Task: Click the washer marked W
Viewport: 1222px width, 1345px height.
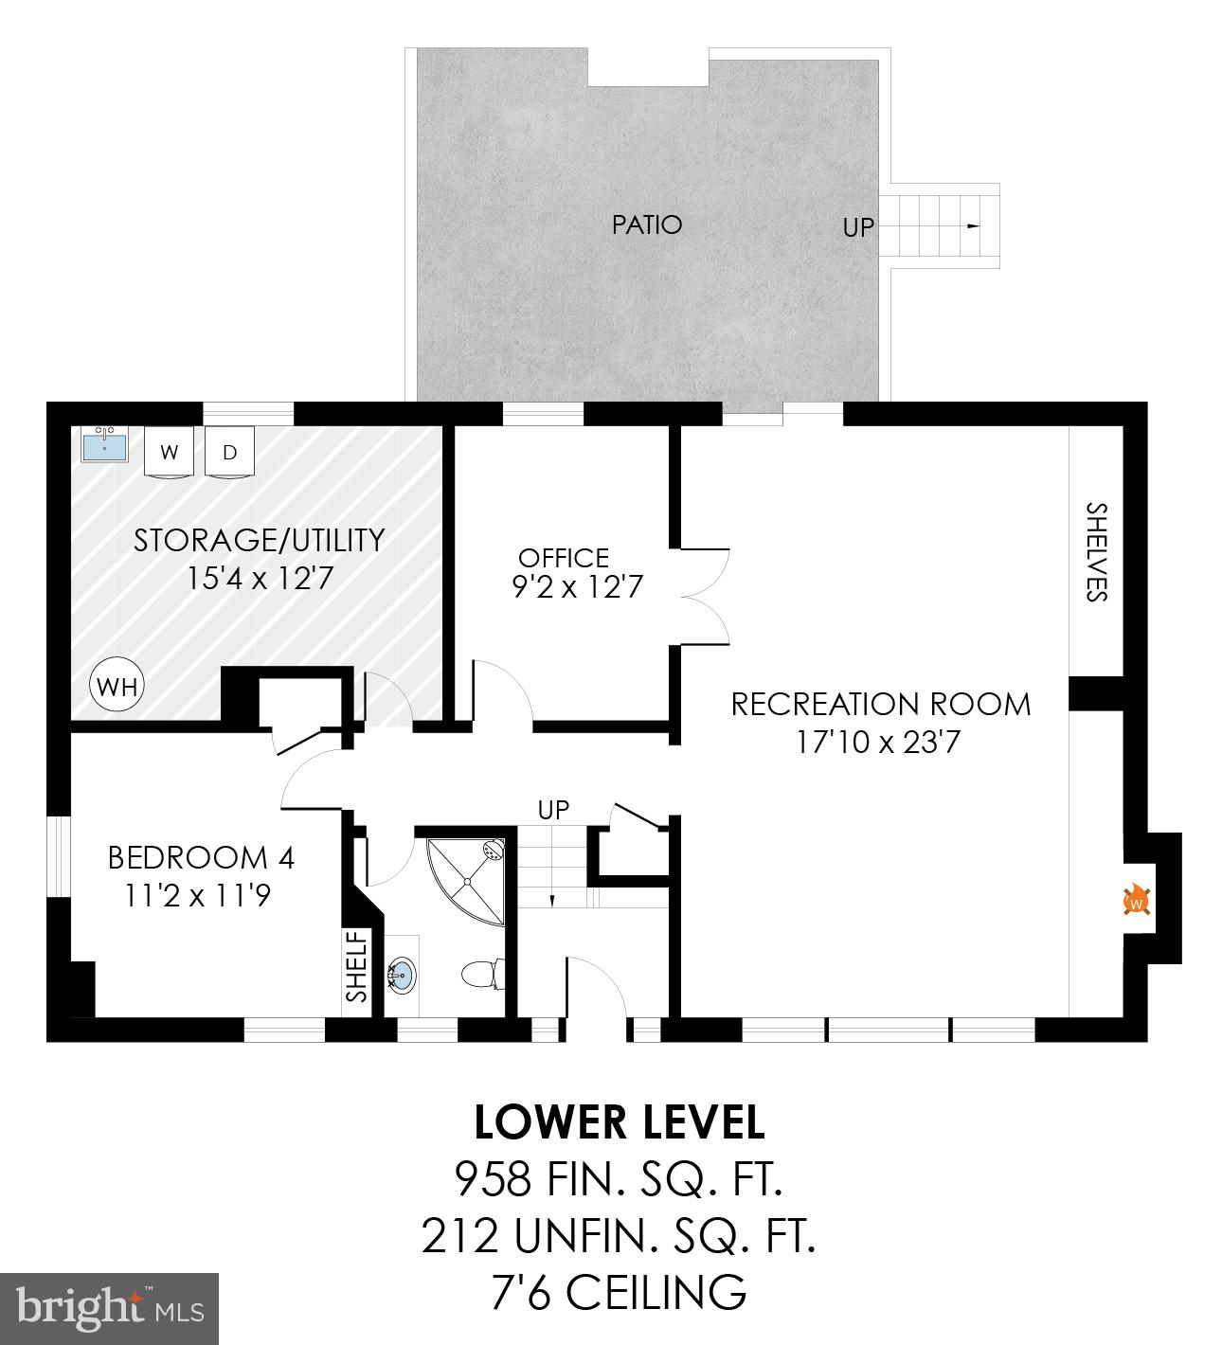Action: (170, 452)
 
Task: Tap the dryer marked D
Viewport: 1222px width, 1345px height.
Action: (229, 452)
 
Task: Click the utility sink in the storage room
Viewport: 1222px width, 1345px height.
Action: (105, 444)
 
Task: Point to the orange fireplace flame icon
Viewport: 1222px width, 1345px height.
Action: (1136, 900)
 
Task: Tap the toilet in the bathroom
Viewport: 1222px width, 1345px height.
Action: (482, 974)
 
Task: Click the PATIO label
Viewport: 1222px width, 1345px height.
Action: (647, 224)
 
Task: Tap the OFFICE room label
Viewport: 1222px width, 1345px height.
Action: (564, 558)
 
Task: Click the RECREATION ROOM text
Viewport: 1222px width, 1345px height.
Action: (881, 705)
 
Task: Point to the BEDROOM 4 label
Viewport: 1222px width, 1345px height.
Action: (201, 858)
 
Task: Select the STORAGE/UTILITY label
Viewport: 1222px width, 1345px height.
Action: (260, 540)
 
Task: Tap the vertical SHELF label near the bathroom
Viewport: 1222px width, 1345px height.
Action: (357, 967)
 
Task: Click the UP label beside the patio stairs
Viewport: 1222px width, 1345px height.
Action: (858, 227)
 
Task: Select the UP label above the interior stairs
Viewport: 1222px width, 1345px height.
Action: (553, 810)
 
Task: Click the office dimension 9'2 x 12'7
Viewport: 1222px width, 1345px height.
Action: (578, 588)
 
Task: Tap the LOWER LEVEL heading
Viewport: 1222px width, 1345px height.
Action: (619, 1122)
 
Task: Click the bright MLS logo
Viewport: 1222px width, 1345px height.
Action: (110, 1309)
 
